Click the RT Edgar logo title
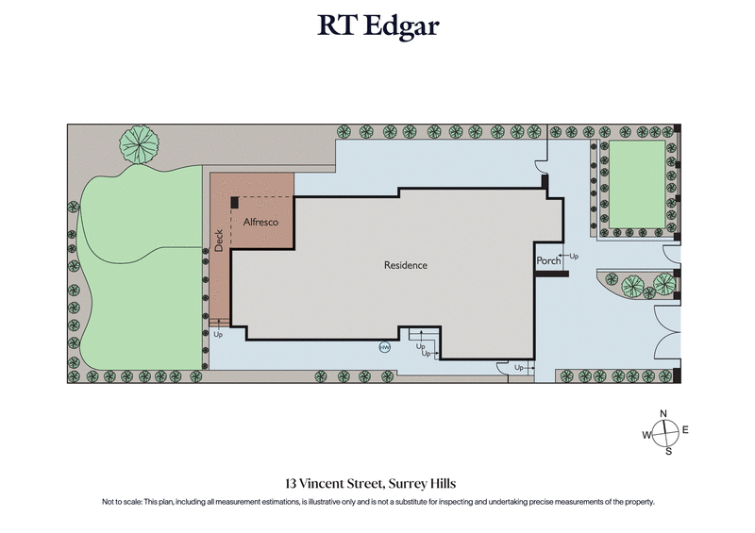pos(377,25)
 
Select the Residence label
pos(406,265)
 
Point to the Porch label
pos(548,260)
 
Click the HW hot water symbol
pos(384,347)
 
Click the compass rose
pos(666,433)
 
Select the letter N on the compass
pos(664,414)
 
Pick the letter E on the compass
pos(685,430)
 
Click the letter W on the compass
pos(647,435)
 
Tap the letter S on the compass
pos(668,451)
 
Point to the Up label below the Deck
pos(218,334)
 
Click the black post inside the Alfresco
pos(235,201)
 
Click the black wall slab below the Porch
pos(550,275)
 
